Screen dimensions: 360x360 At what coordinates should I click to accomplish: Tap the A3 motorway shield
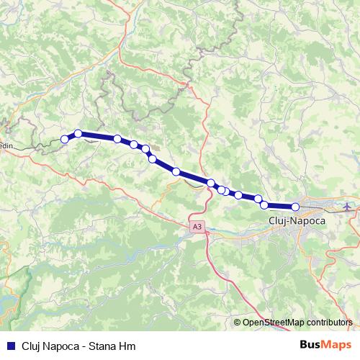(197, 227)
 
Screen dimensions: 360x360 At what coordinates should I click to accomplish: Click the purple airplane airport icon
(349, 207)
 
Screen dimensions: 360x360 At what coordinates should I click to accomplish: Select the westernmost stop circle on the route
(65, 139)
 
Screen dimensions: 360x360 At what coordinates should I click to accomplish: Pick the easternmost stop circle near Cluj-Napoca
(295, 207)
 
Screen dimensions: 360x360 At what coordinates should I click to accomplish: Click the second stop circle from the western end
(78, 133)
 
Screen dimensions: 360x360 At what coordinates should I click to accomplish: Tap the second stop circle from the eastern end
(264, 205)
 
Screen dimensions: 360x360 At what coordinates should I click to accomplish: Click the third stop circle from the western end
(117, 138)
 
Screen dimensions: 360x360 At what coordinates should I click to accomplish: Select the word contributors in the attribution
(328, 323)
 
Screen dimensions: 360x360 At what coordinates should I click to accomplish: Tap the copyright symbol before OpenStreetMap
(238, 323)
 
